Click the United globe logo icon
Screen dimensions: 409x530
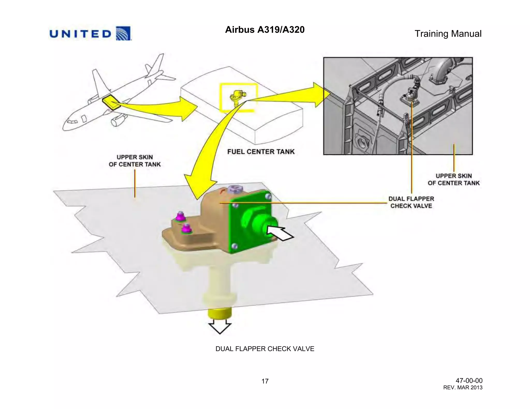click(123, 34)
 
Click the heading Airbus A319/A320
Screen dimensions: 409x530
click(265, 30)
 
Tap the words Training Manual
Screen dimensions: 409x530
click(448, 34)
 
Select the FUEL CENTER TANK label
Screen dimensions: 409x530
click(261, 152)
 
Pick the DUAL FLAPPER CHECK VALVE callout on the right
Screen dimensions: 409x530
click(411, 202)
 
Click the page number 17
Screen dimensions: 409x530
click(265, 381)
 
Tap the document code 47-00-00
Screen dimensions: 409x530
click(469, 381)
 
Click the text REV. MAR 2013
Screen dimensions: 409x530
click(463, 388)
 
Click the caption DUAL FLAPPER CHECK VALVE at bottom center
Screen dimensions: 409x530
click(265, 349)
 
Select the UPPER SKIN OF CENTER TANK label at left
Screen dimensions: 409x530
click(135, 161)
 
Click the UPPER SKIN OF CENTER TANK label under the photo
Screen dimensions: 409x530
click(453, 179)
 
